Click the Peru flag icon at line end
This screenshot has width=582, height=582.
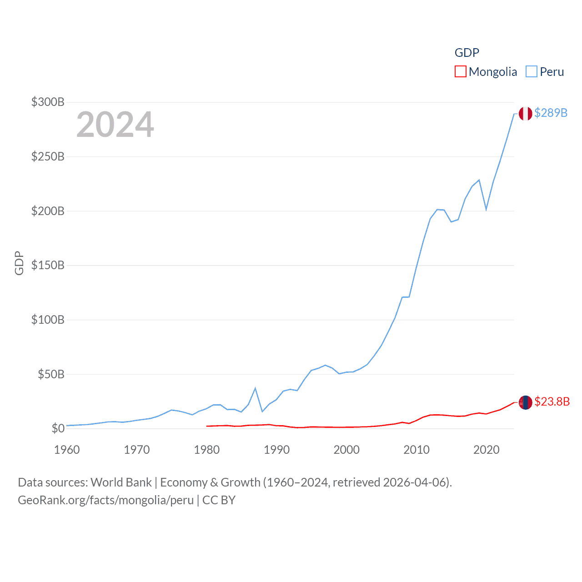(x=525, y=113)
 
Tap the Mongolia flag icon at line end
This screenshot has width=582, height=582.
(x=525, y=402)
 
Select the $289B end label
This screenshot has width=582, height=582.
(x=551, y=113)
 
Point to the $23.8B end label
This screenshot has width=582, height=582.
(x=552, y=401)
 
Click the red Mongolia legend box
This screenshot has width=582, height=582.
(x=460, y=72)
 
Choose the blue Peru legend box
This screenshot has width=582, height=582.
(x=531, y=72)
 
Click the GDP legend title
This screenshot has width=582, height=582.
(x=467, y=53)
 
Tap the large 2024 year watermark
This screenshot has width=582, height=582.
(x=115, y=125)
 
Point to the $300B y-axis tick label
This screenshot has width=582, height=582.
(x=48, y=102)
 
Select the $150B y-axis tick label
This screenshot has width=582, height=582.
(x=48, y=265)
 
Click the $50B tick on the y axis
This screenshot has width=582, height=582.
(x=51, y=374)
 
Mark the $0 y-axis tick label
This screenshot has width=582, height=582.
(x=58, y=428)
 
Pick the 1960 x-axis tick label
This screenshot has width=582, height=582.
(x=67, y=450)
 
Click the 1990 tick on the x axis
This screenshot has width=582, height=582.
(x=276, y=450)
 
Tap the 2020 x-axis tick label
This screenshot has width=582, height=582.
(x=486, y=450)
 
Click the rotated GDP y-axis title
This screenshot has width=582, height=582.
(x=19, y=263)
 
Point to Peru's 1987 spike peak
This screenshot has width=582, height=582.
(x=255, y=388)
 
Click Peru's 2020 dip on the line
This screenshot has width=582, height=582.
(x=486, y=209)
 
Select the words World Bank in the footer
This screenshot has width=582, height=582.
(x=121, y=482)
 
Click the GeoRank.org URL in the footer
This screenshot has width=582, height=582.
(x=105, y=500)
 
